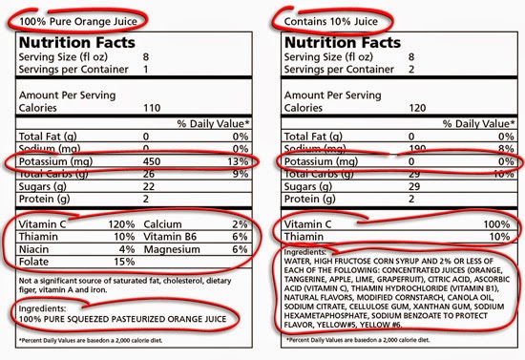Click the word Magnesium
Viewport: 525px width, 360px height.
point(175,249)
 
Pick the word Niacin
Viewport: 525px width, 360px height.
point(35,249)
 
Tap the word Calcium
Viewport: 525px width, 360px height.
point(164,223)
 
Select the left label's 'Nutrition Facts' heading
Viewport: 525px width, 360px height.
point(82,42)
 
